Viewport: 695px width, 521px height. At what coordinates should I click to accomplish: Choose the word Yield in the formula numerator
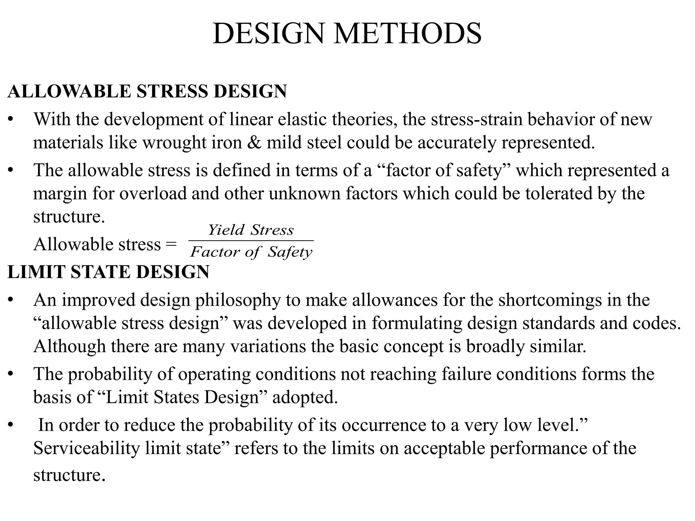click(x=226, y=230)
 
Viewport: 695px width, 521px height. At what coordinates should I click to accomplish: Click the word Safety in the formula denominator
click(x=290, y=252)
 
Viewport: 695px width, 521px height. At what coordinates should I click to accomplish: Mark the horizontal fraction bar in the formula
click(x=251, y=241)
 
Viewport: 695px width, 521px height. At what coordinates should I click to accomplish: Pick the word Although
click(x=70, y=347)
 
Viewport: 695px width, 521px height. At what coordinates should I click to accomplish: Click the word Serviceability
click(x=87, y=448)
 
